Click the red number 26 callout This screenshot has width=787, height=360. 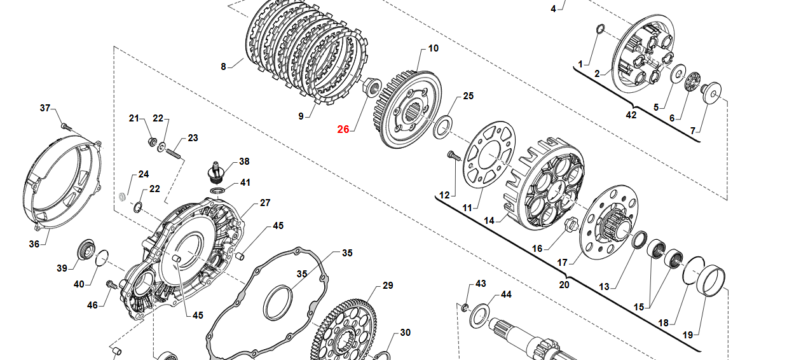(343, 129)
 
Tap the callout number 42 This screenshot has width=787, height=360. (631, 115)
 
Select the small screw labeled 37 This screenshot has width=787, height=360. (64, 125)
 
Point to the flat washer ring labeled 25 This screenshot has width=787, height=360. (442, 126)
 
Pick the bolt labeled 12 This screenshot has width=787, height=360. (453, 155)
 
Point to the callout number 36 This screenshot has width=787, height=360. (34, 244)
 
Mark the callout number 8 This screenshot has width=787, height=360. (223, 66)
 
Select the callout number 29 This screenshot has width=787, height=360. (388, 286)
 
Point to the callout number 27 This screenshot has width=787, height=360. (265, 203)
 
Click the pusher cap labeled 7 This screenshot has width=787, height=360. (711, 92)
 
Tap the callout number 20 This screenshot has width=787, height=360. (564, 284)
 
